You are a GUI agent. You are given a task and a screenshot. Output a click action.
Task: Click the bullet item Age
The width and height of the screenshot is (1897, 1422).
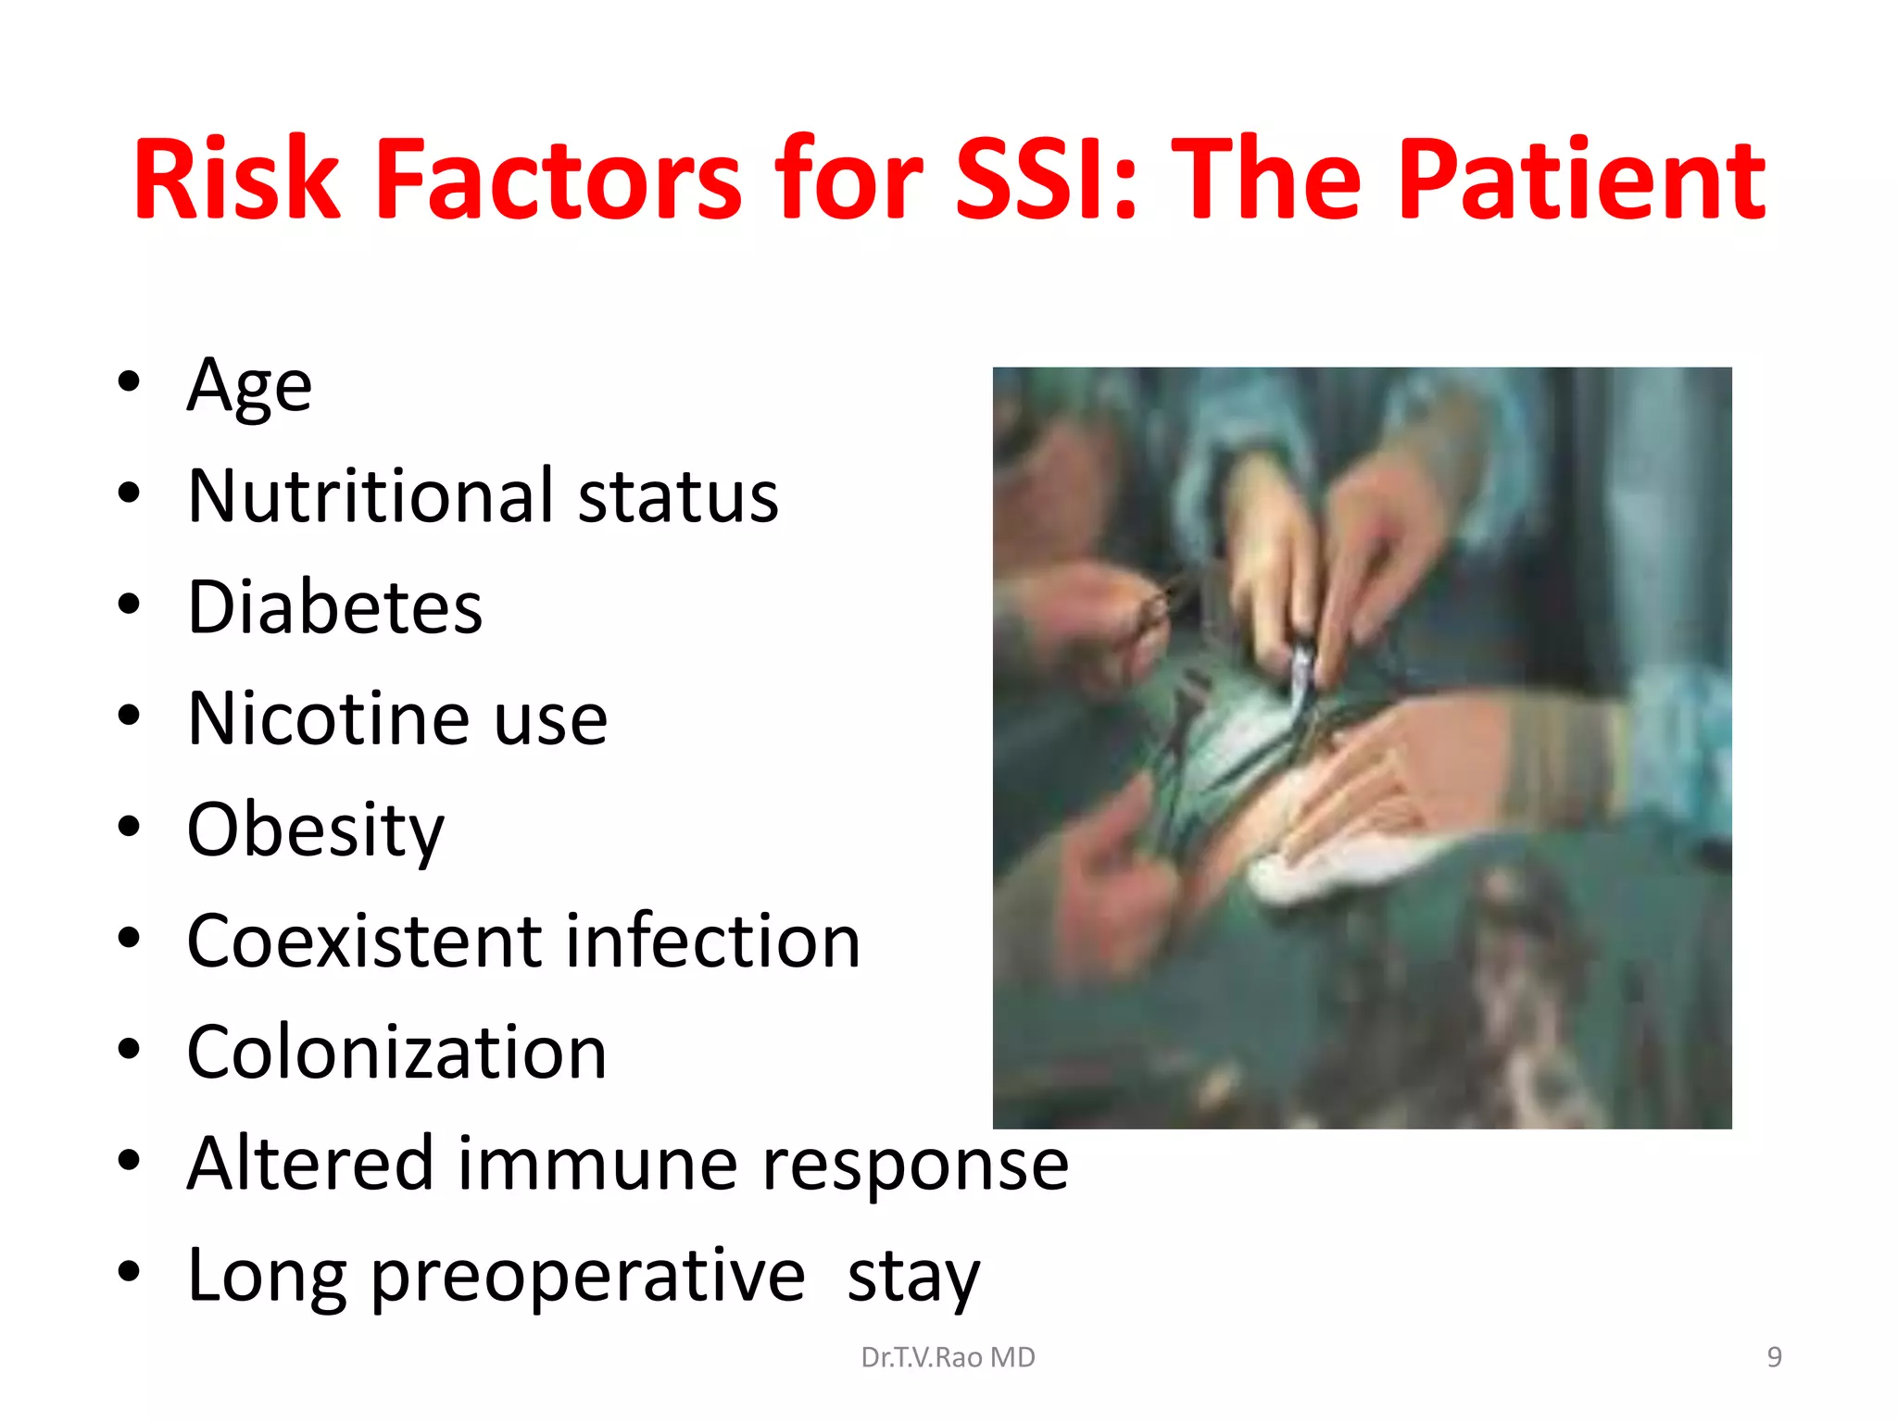(x=249, y=385)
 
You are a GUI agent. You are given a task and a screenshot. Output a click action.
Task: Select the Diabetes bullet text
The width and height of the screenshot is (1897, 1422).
(x=334, y=607)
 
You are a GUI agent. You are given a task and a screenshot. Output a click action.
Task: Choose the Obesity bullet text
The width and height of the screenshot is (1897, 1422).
(x=315, y=830)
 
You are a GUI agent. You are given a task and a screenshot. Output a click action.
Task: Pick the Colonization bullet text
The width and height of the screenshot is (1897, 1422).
(x=396, y=1053)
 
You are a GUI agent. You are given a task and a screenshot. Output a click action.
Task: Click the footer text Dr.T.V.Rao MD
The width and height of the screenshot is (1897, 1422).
(x=948, y=1357)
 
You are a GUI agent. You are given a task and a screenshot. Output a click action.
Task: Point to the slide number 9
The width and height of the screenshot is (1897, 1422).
(x=1774, y=1357)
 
